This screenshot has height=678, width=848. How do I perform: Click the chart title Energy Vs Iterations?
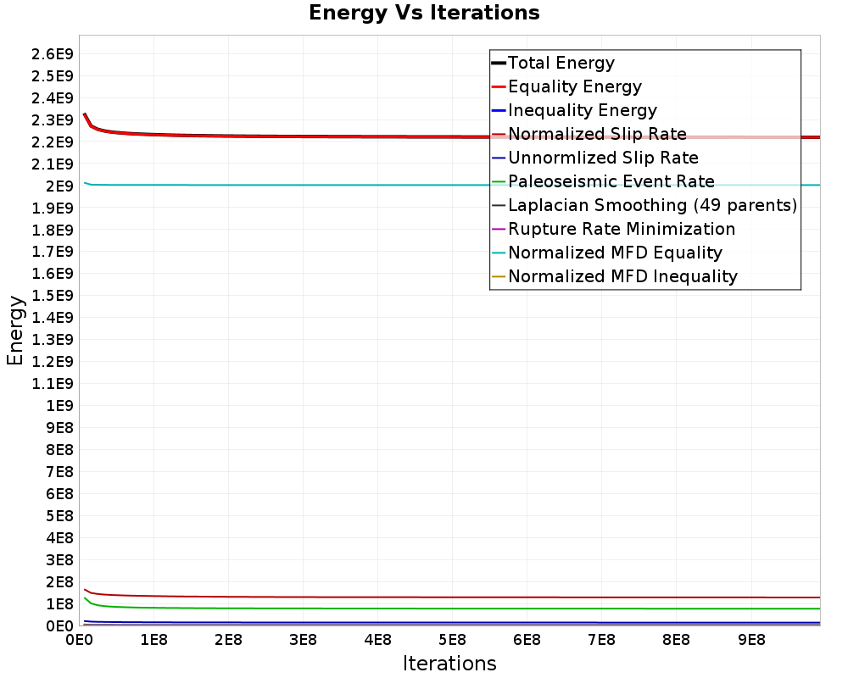pos(424,13)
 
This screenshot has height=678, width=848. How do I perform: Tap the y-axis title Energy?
pos(15,331)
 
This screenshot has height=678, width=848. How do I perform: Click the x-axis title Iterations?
pos(449,663)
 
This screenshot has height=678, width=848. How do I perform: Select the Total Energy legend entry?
pos(553,63)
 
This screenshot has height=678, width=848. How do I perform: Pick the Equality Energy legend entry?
pos(566,86)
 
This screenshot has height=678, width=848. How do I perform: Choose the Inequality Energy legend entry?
pos(574,110)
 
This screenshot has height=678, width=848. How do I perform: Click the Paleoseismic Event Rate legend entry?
pos(603,181)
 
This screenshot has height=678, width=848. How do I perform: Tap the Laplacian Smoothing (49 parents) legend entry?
pos(644,205)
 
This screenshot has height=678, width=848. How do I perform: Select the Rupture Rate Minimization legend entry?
pos(614,229)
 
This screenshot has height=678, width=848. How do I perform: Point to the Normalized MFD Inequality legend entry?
pos(615,277)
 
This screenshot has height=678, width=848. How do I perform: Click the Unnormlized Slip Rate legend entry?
pos(595,158)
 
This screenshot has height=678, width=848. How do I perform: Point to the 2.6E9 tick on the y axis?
pos(53,54)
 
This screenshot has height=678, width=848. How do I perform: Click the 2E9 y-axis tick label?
pos(59,186)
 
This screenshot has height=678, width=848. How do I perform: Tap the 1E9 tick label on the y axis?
pos(59,406)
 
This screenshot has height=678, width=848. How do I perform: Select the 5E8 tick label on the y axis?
pos(59,516)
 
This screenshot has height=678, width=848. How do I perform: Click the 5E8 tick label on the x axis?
pos(452,640)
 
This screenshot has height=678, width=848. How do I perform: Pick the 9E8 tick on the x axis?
pos(751,640)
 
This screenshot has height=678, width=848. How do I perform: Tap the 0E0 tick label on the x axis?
pos(80,640)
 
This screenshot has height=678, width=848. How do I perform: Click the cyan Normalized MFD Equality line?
pos(452,185)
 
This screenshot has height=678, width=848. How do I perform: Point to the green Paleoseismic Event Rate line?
pos(452,609)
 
